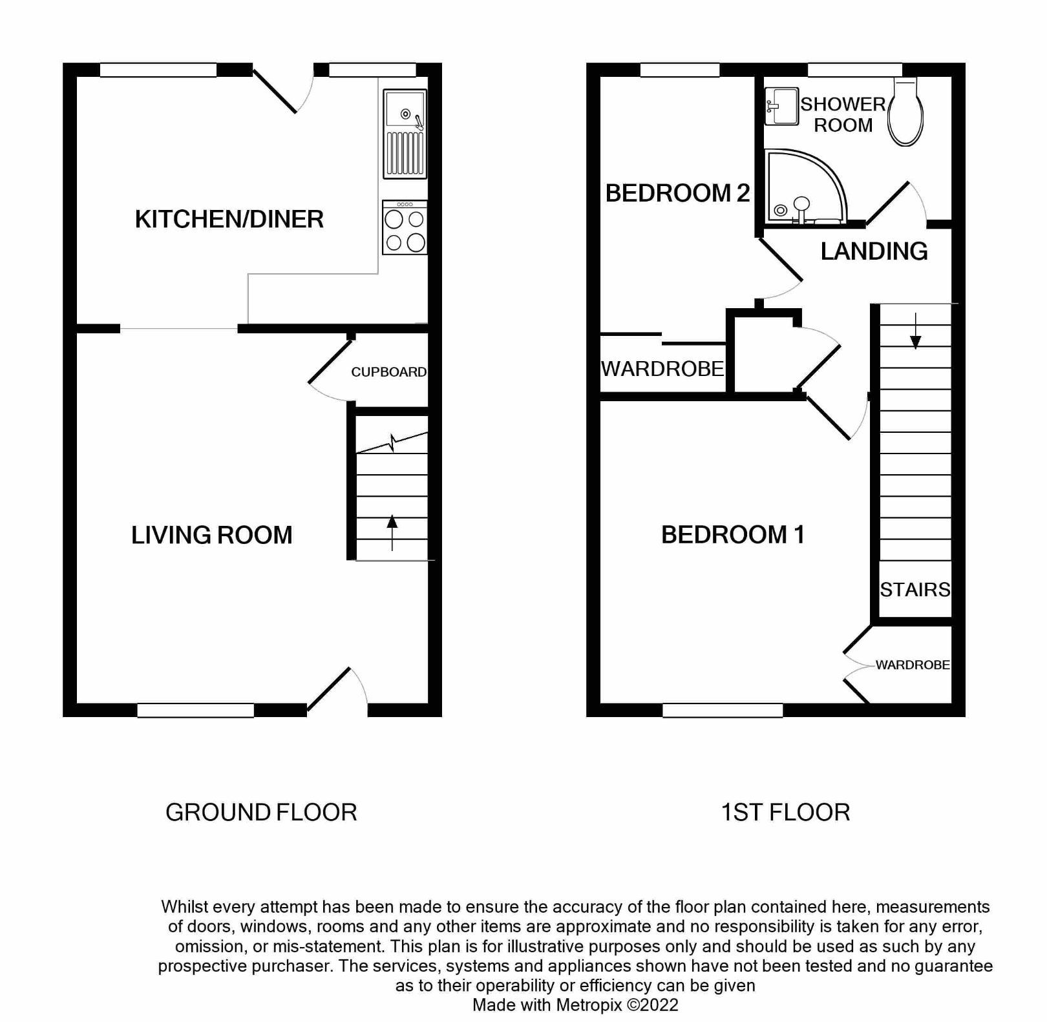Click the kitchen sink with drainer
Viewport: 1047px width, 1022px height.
[405, 134]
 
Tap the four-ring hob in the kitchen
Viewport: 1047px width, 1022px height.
[405, 228]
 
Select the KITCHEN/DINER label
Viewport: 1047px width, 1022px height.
[229, 220]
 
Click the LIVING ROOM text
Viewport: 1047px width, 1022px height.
[211, 536]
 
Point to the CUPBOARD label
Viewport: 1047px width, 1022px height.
[388, 372]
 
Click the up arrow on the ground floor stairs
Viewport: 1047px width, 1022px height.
[392, 532]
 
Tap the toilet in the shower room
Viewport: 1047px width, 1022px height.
[905, 113]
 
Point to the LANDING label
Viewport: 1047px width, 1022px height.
[874, 251]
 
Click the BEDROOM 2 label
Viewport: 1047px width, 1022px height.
[677, 193]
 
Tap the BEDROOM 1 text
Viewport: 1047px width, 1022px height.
[732, 535]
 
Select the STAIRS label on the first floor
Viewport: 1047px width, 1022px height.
[915, 589]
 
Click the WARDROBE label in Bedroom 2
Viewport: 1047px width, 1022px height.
[662, 369]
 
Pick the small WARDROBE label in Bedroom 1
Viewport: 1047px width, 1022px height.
[913, 665]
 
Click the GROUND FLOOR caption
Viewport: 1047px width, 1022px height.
[261, 813]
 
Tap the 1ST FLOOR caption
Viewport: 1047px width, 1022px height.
[785, 813]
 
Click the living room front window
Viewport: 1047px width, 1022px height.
[195, 711]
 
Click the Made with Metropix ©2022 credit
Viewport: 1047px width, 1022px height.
[575, 1005]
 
